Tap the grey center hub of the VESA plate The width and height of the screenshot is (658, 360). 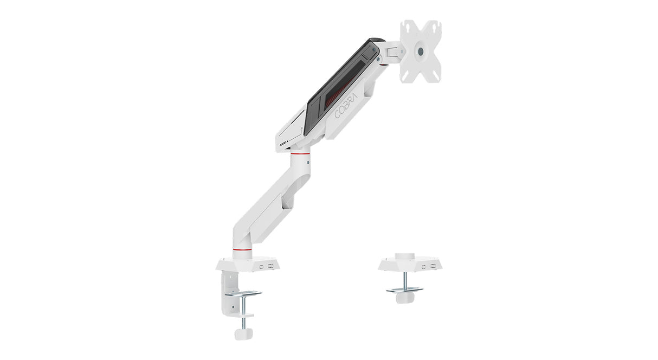click(x=421, y=51)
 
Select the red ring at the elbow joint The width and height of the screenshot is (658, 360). click(x=300, y=153)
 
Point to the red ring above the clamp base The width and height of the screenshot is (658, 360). click(x=242, y=249)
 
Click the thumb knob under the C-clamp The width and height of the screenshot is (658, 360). click(x=243, y=334)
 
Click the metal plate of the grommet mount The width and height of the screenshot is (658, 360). click(x=404, y=290)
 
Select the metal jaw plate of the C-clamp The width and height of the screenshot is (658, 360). click(x=243, y=293)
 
